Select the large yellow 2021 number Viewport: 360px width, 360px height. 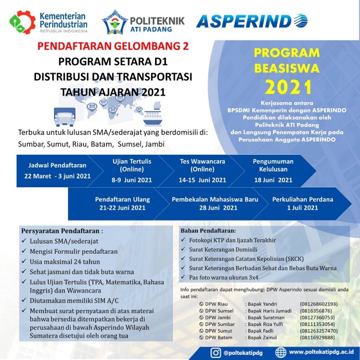(288, 86)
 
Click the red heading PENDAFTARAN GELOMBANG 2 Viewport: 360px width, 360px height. (113, 46)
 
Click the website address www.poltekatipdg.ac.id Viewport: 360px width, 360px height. (321, 352)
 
